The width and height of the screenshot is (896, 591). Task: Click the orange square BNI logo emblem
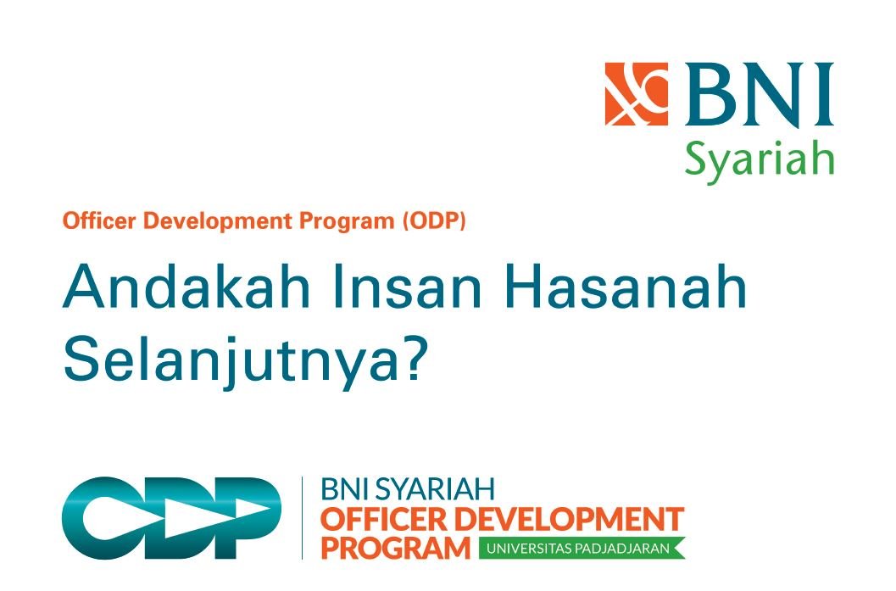pyautogui.click(x=636, y=94)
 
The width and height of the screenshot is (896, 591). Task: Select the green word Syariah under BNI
pyautogui.click(x=759, y=158)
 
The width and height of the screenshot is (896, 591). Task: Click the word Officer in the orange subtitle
pyautogui.click(x=91, y=222)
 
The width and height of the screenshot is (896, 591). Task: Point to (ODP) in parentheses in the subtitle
pyautogui.click(x=434, y=222)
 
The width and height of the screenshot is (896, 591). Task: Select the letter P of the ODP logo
pyautogui.click(x=246, y=518)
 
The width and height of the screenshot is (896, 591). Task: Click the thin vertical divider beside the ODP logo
pyautogui.click(x=303, y=518)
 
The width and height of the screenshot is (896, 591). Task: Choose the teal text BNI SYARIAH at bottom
pyautogui.click(x=407, y=489)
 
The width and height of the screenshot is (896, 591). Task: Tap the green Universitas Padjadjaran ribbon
pyautogui.click(x=581, y=548)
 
